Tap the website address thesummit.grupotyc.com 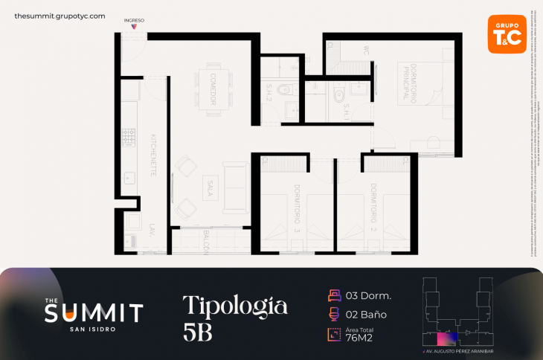click(60, 16)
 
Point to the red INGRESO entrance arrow click(134, 27)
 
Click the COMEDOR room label click(212, 89)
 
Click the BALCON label click(206, 242)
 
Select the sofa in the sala click(237, 187)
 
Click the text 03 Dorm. click(368, 295)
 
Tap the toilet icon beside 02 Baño click(333, 314)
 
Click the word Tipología click(234, 305)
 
